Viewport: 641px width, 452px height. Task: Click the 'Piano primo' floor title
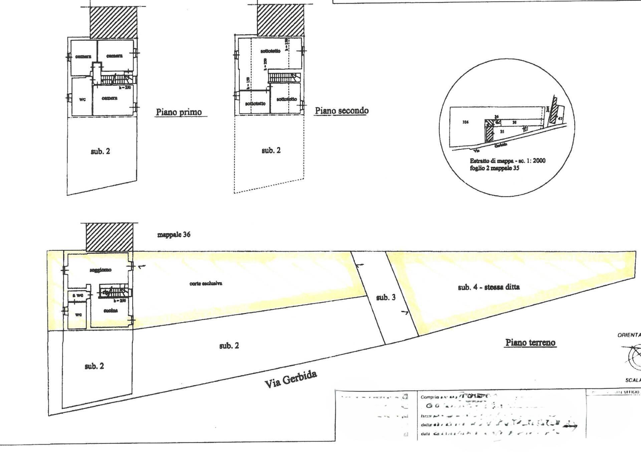point(179,112)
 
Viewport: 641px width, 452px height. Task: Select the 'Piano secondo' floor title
point(342,111)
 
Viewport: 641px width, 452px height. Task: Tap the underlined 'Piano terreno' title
point(530,342)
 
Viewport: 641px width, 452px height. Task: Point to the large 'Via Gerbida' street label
point(291,379)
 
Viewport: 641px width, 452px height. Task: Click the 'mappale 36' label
point(174,235)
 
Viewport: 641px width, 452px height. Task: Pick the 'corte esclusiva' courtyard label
point(206,284)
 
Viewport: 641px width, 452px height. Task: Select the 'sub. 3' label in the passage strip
point(386,297)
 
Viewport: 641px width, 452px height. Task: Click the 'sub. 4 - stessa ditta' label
point(488,287)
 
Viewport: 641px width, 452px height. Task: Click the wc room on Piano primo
point(82,99)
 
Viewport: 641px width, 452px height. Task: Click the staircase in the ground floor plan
point(114,292)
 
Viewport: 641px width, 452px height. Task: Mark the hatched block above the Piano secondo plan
point(280,20)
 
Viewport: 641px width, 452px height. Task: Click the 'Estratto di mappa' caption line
point(507,161)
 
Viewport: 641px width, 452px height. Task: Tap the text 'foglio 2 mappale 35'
point(494,168)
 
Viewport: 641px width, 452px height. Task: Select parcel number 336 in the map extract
point(465,122)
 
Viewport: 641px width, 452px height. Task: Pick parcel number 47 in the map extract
point(560,118)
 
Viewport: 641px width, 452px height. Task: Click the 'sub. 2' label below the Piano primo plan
point(100,151)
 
